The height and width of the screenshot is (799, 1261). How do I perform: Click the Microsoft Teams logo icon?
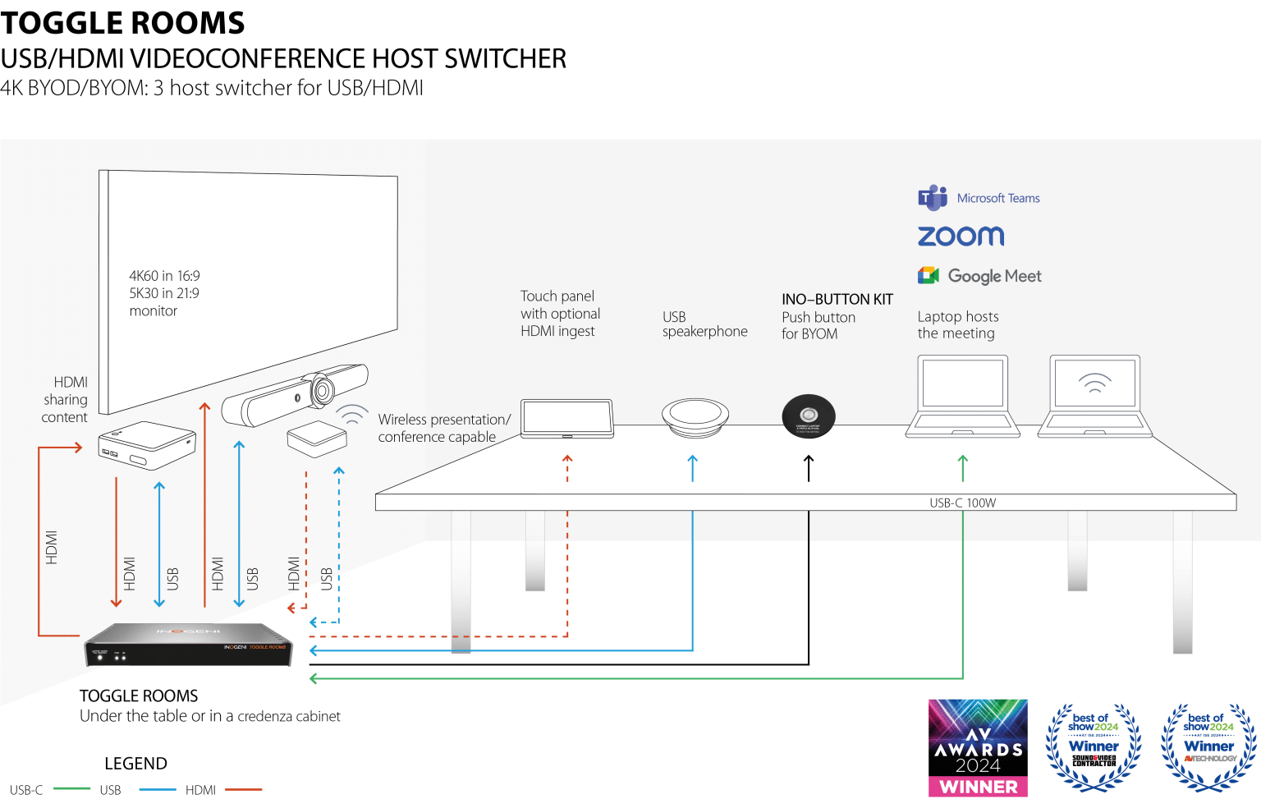click(x=932, y=198)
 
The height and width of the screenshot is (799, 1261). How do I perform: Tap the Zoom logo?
click(x=961, y=236)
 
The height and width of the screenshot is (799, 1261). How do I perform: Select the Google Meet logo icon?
click(x=929, y=275)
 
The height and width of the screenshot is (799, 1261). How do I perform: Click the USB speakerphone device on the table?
click(x=695, y=417)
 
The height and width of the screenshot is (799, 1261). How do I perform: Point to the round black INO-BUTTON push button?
click(x=809, y=416)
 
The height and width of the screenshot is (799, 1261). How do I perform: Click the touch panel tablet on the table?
click(x=567, y=419)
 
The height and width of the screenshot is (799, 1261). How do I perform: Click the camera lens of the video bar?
click(x=320, y=388)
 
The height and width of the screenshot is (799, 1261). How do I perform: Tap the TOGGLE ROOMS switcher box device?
click(x=188, y=645)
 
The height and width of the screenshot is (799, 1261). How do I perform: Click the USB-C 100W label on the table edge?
click(x=962, y=503)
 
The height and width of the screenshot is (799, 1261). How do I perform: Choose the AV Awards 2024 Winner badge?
click(x=978, y=747)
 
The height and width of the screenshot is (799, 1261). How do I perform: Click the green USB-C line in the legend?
click(x=71, y=789)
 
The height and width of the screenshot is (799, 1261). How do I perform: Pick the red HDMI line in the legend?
click(x=243, y=789)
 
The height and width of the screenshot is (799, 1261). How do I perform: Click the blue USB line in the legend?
click(x=158, y=789)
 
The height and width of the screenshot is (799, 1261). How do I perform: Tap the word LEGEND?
click(x=135, y=764)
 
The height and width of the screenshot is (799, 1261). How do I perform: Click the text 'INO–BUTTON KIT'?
click(x=837, y=299)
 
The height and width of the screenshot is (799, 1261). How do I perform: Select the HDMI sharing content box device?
click(x=147, y=445)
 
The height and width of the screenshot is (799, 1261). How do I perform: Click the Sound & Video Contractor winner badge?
click(x=1094, y=746)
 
